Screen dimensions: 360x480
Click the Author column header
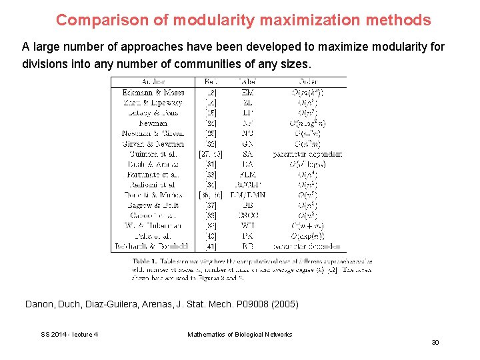[153, 82]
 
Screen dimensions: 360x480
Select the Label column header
[247, 82]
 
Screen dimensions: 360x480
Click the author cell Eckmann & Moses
[153, 93]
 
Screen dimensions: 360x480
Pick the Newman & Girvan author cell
[153, 133]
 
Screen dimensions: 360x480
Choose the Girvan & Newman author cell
[153, 143]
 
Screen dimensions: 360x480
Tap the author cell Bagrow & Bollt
[153, 205]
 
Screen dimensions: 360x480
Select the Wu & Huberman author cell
[153, 225]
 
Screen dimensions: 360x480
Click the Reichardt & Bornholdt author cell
[153, 246]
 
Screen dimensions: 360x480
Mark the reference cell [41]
[211, 246]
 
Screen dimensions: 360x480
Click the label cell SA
[247, 154]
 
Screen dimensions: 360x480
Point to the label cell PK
[247, 235]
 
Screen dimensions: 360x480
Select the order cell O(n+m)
[307, 225]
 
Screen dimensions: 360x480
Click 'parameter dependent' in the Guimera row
[307, 154]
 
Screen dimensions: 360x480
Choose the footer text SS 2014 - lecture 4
[69, 334]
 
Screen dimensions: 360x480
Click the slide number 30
[435, 342]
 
